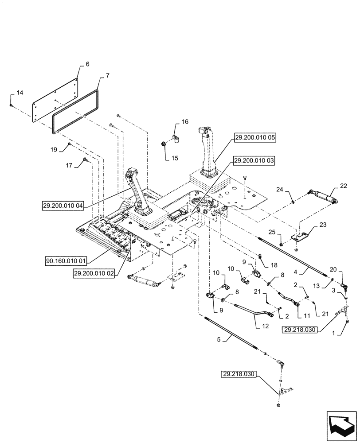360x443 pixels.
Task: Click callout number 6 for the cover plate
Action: (87, 64)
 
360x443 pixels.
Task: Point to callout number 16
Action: (184, 121)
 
